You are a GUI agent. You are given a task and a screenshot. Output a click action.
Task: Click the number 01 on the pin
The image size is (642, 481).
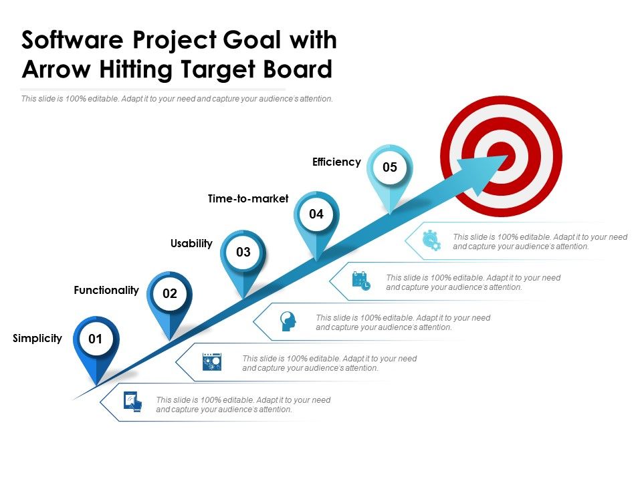(x=96, y=339)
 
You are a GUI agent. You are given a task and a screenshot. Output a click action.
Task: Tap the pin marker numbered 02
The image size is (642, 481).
(x=169, y=293)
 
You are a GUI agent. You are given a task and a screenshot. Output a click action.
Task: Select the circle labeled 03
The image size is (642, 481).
(x=243, y=253)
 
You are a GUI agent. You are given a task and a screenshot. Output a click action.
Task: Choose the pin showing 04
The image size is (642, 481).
(x=316, y=214)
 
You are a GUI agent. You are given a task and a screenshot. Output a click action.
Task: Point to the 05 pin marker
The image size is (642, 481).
(x=390, y=167)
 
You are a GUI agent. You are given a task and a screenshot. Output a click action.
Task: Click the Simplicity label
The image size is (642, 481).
(x=37, y=339)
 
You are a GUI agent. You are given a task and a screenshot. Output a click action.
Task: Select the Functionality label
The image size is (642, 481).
(x=106, y=291)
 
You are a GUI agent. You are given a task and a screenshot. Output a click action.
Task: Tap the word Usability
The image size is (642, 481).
(x=191, y=244)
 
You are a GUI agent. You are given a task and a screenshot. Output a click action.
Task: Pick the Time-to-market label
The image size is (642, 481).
(x=248, y=198)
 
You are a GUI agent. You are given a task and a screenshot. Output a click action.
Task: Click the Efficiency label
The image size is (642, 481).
(x=336, y=162)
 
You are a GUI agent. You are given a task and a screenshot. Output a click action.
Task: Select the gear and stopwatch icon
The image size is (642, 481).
(x=431, y=240)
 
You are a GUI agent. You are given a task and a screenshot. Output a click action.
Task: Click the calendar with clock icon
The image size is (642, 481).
(x=361, y=281)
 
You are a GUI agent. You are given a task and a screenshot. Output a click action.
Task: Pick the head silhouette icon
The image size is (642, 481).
(x=288, y=321)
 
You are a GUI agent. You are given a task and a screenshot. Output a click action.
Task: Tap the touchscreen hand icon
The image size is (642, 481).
(x=133, y=402)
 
